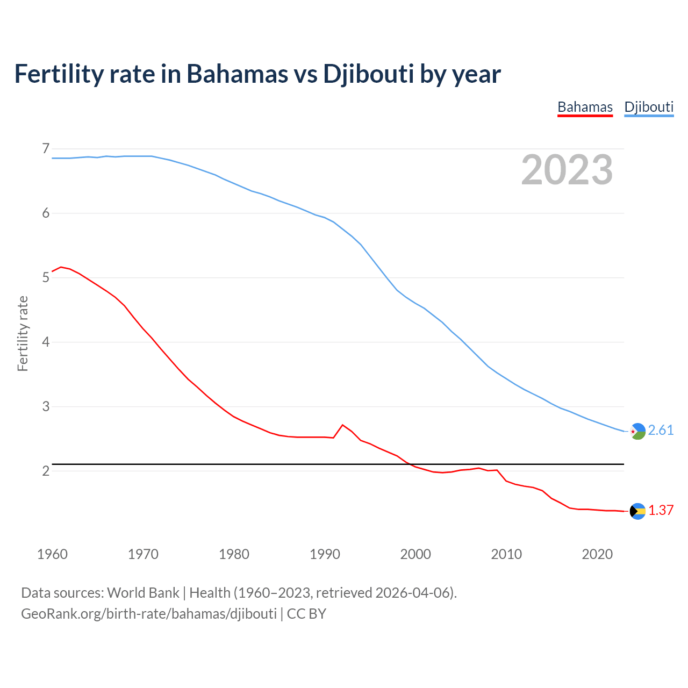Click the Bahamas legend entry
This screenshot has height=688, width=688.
tap(585, 107)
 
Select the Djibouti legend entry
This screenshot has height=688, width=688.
tap(649, 107)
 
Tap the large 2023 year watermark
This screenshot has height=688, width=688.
tap(567, 170)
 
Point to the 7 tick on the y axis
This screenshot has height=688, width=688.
tap(46, 148)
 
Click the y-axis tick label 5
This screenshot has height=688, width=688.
tap(46, 277)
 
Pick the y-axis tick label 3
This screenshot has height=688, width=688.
tap(46, 406)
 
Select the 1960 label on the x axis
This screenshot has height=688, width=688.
tap(52, 554)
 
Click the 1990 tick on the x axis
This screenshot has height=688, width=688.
tap(325, 554)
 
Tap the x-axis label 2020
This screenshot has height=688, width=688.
tap(597, 554)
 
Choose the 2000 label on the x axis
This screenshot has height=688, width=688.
tap(415, 554)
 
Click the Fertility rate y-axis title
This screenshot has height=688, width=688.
tap(23, 333)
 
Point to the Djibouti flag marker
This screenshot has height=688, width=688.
tap(637, 431)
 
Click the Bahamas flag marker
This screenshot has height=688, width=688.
tap(637, 511)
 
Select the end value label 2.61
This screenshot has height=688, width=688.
tap(661, 431)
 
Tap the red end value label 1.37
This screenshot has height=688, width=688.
tap(661, 511)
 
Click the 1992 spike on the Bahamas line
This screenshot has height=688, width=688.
tap(342, 425)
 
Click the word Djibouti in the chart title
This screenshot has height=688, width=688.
tap(368, 74)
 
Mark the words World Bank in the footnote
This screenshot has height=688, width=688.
tap(143, 593)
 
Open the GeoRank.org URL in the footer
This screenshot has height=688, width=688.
tap(149, 614)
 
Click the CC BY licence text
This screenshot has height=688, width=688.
tap(306, 614)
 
